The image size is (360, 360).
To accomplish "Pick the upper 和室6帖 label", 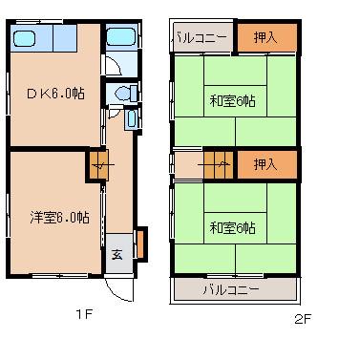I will coord(233,101).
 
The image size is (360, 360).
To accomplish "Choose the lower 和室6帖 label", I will coord(233,227).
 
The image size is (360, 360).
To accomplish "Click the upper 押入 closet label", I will coord(266,37).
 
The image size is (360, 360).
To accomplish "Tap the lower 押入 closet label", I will coord(266,164).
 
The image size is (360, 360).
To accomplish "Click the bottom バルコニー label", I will coord(231,289).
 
